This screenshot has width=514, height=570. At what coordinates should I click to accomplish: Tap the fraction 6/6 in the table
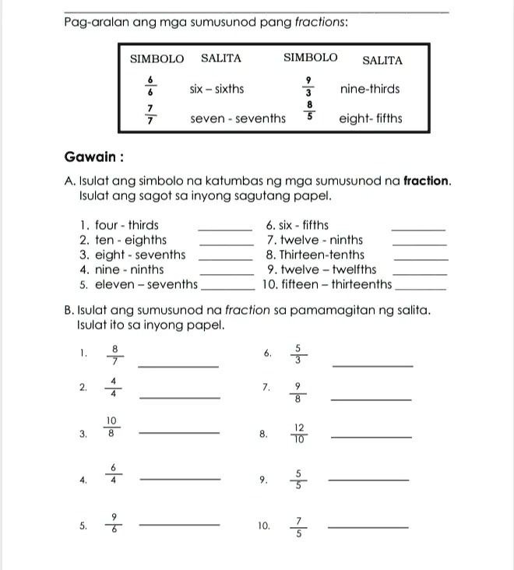(x=150, y=85)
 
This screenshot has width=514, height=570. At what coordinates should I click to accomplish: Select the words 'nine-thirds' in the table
(x=370, y=89)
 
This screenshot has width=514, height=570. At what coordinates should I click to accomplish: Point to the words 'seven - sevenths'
(x=238, y=119)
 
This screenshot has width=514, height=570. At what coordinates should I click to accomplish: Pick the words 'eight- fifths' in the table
(x=371, y=119)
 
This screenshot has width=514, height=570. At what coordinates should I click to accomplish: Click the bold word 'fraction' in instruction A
(x=427, y=181)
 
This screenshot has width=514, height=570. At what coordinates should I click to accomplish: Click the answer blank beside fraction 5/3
(x=371, y=365)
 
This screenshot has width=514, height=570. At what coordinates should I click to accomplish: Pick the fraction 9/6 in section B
(x=114, y=522)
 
